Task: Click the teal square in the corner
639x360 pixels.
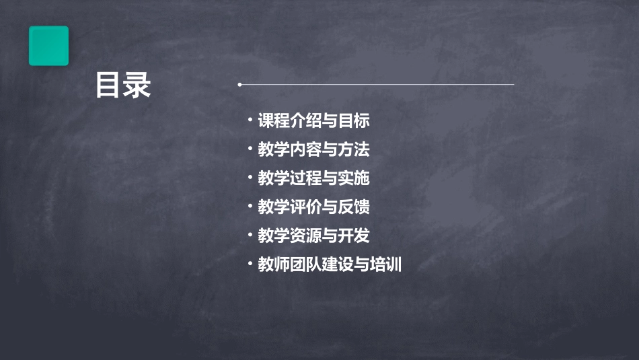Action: pyautogui.click(x=48, y=46)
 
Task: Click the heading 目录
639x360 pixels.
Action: pyautogui.click(x=123, y=85)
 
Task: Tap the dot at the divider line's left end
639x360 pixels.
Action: pyautogui.click(x=239, y=85)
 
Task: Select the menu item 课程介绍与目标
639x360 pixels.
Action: pyautogui.click(x=313, y=121)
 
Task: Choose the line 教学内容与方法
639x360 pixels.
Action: pyautogui.click(x=313, y=149)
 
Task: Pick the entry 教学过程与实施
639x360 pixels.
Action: pyautogui.click(x=313, y=178)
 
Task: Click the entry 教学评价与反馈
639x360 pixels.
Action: pyautogui.click(x=313, y=207)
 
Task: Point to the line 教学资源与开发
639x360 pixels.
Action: pyautogui.click(x=313, y=236)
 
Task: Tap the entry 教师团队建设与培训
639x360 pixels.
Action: pyautogui.click(x=330, y=265)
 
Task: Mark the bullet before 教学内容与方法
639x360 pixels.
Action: pyautogui.click(x=250, y=148)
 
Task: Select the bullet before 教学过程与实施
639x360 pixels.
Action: pyautogui.click(x=250, y=177)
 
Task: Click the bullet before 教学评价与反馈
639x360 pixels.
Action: pyautogui.click(x=250, y=206)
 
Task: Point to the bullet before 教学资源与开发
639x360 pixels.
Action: pyautogui.click(x=250, y=235)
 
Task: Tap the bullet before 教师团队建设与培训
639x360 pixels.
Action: pyautogui.click(x=250, y=264)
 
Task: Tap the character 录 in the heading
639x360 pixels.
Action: pyautogui.click(x=137, y=85)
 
